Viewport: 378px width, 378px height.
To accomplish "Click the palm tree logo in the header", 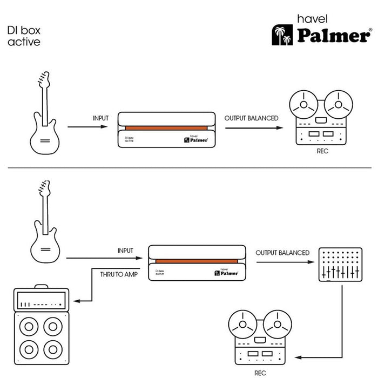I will (282, 35).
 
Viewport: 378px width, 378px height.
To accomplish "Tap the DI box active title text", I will (24, 36).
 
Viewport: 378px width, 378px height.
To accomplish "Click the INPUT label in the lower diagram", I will (125, 251).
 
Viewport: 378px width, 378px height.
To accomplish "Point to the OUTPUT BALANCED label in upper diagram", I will (251, 118).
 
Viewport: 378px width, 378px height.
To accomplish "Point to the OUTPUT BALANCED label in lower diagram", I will (282, 253).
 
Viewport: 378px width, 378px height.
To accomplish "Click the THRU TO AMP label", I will (118, 274).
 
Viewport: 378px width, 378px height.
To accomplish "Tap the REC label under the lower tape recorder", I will (260, 373).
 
